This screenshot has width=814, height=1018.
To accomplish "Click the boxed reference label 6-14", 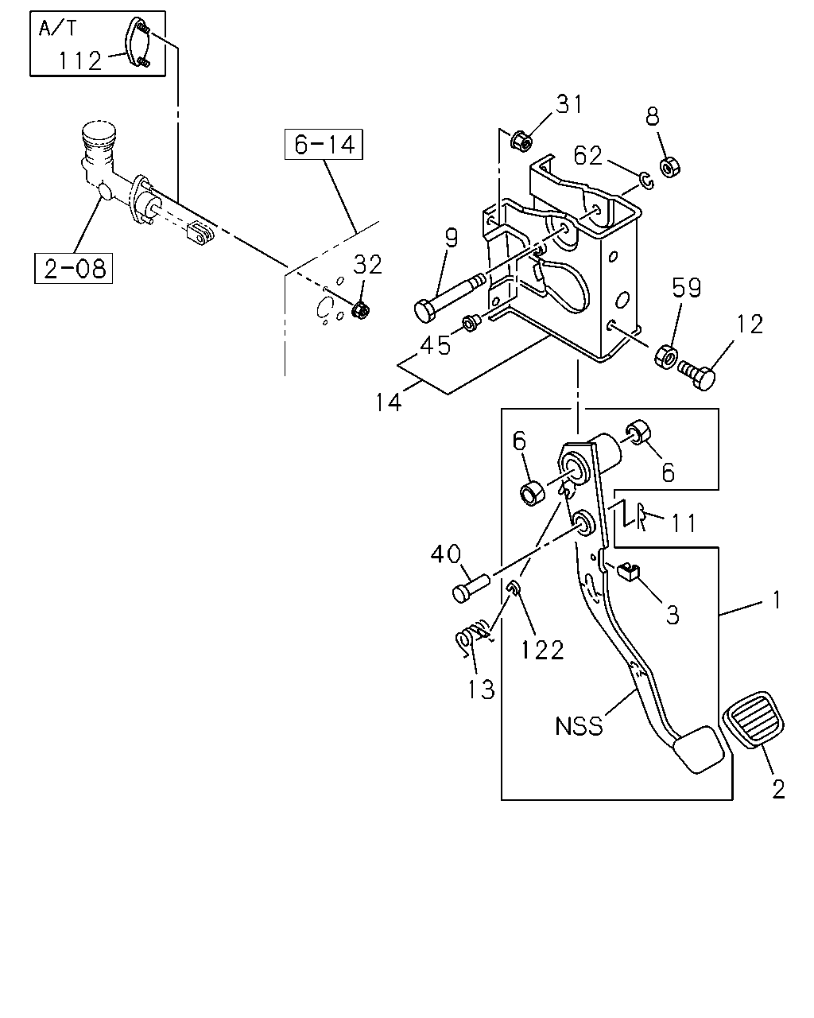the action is pyautogui.click(x=324, y=144).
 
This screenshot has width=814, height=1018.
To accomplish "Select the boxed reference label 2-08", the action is pyautogui.click(x=74, y=268).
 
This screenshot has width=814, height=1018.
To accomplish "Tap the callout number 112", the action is pyautogui.click(x=80, y=61).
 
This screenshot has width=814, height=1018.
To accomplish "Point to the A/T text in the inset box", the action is pyautogui.click(x=57, y=29).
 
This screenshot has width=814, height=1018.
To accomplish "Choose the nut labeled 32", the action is pyautogui.click(x=360, y=310).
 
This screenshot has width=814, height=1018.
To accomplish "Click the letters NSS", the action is pyautogui.click(x=579, y=726).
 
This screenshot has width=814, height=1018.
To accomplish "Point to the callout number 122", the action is pyautogui.click(x=542, y=650).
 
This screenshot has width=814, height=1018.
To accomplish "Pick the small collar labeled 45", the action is pyautogui.click(x=471, y=323).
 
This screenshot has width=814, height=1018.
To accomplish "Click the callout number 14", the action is pyautogui.click(x=388, y=402).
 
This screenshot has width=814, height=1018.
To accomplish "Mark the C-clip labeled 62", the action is pyautogui.click(x=646, y=181).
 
